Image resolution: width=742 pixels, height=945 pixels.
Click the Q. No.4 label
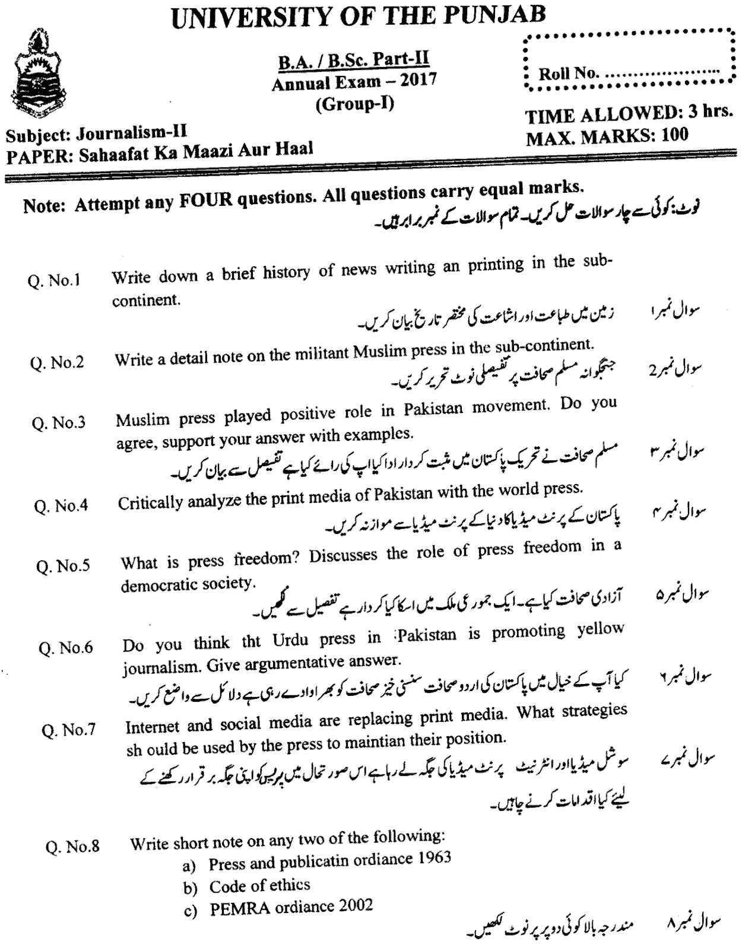pos(62,506)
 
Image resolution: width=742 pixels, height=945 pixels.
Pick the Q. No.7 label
pos(69,730)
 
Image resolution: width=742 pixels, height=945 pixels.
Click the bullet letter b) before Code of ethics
pos(191,888)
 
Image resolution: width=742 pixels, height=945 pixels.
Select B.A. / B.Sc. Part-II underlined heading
pos(354,60)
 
